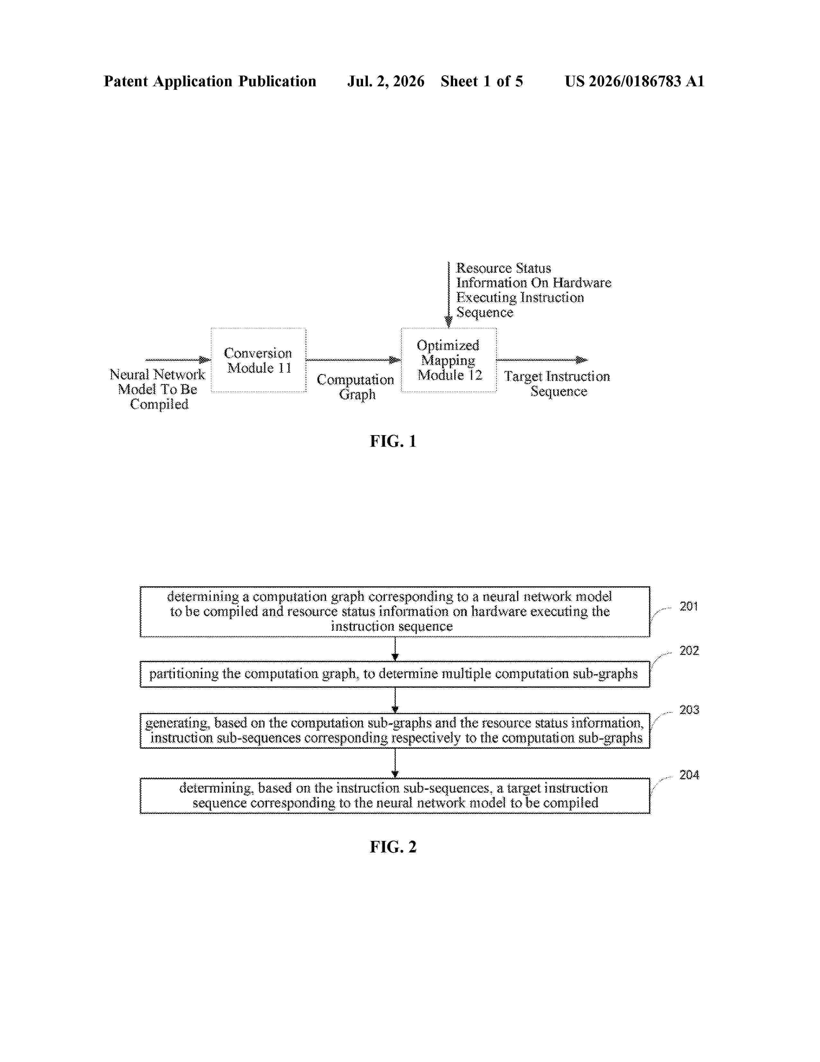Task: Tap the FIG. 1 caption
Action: pos(393,441)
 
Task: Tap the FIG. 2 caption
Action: pos(393,847)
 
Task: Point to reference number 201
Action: pos(688,606)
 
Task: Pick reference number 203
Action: pos(689,710)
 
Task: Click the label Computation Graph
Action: pos(356,387)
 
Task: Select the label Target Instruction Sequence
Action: pos(557,384)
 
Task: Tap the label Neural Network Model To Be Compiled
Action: pos(157,389)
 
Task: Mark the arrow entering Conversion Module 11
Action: pos(178,360)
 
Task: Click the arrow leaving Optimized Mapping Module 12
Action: pos(542,360)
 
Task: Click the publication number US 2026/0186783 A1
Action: pos(634,81)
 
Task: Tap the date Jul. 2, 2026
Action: pos(386,81)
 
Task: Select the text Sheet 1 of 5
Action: pos(482,81)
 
